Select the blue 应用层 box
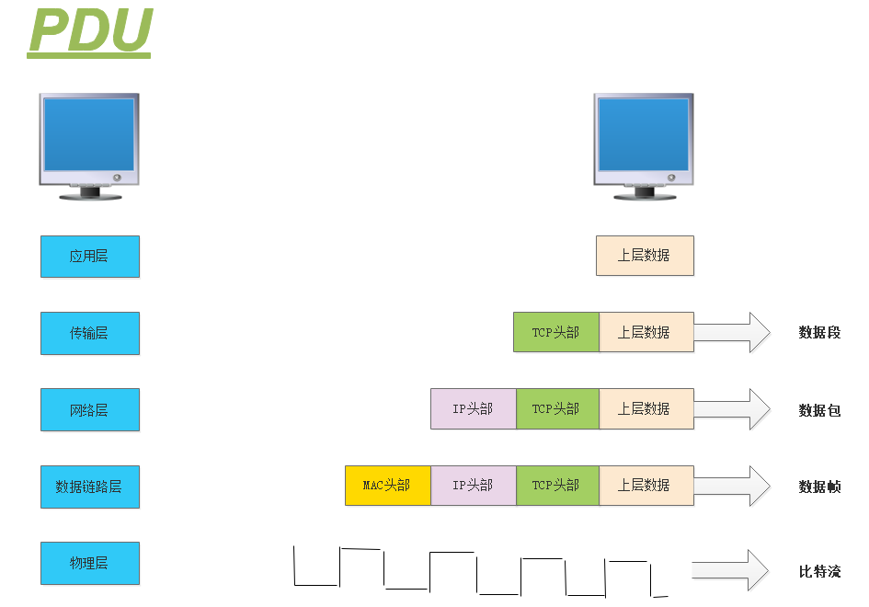[x=90, y=256]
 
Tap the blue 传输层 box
[x=90, y=333]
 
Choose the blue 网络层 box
[x=90, y=409]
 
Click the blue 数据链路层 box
[x=90, y=487]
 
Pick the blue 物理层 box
[x=90, y=563]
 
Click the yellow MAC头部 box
[x=387, y=486]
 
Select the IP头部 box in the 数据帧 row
[x=473, y=486]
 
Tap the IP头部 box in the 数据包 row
[x=473, y=408]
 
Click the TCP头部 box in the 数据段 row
[x=555, y=332]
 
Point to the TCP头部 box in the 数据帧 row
[x=557, y=486]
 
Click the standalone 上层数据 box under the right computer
[x=645, y=256]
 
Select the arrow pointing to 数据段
[x=732, y=332]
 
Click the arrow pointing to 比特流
[x=732, y=570]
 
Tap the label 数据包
[x=819, y=410]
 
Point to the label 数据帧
[x=819, y=487]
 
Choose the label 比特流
[x=819, y=572]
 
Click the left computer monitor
[x=89, y=145]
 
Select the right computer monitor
[x=644, y=145]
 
